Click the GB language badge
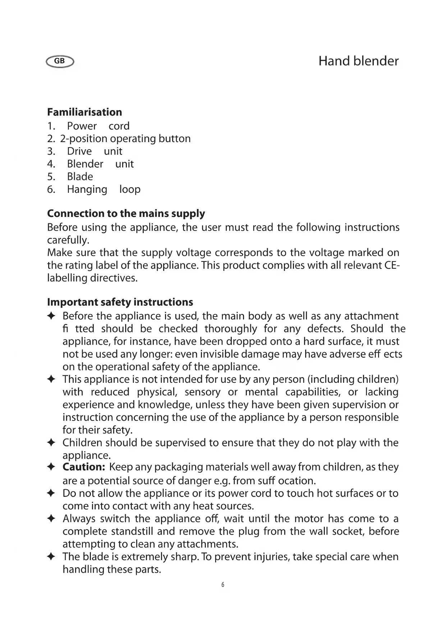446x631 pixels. (x=60, y=62)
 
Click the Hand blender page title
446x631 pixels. (x=358, y=61)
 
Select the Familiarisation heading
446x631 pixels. (x=84, y=112)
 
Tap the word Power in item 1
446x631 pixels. (x=82, y=126)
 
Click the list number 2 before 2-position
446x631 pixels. (x=50, y=139)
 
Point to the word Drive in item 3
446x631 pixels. (x=79, y=151)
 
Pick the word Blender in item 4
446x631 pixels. (x=85, y=164)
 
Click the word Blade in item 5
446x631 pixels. (x=80, y=177)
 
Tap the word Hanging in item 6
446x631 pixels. (x=87, y=190)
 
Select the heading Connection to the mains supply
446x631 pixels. (x=126, y=214)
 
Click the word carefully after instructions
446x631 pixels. (x=68, y=240)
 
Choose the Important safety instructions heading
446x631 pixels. (x=120, y=302)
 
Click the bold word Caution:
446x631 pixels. (x=84, y=467)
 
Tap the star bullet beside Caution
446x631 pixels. (x=51, y=467)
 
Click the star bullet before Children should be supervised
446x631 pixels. (x=51, y=442)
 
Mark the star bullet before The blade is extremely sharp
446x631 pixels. (x=51, y=557)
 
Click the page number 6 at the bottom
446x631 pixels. (x=223, y=585)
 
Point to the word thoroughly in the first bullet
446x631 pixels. (x=230, y=329)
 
